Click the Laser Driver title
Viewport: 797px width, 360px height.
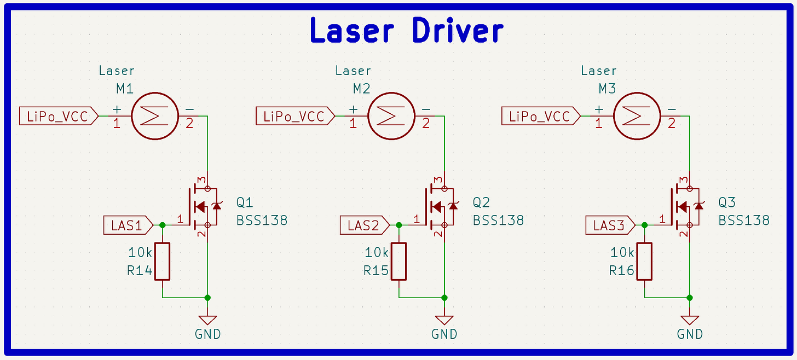pyautogui.click(x=406, y=31)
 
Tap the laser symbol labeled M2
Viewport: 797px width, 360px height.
pyautogui.click(x=391, y=116)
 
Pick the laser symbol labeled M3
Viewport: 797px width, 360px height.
pyautogui.click(x=637, y=116)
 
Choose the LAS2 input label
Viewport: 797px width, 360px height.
pyautogui.click(x=362, y=225)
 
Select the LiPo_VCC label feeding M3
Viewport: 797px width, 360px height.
pyautogui.click(x=540, y=117)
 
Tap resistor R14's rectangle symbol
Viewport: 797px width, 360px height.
pyautogui.click(x=162, y=261)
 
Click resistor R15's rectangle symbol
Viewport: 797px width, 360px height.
pyautogui.click(x=399, y=261)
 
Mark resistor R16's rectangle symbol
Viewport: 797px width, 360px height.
pyautogui.click(x=644, y=261)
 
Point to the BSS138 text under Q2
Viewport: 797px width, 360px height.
pyautogui.click(x=498, y=220)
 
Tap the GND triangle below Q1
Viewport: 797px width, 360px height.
pyautogui.click(x=207, y=320)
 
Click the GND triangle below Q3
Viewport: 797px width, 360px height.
pyautogui.click(x=690, y=320)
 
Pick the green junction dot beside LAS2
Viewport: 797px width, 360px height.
pyautogui.click(x=399, y=225)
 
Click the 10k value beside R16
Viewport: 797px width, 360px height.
pyautogui.click(x=622, y=253)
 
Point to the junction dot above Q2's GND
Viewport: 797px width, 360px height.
pyautogui.click(x=444, y=298)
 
